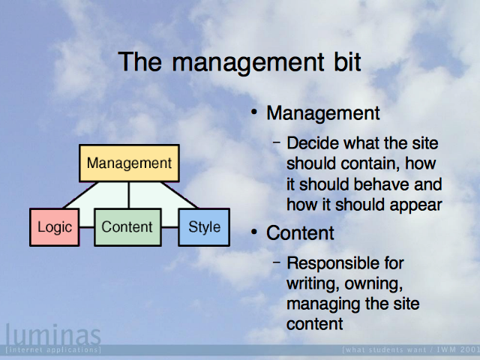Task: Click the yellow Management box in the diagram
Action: click(129, 163)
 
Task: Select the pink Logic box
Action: click(55, 227)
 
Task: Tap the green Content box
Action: click(128, 227)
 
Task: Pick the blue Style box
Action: click(204, 227)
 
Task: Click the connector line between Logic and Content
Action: click(87, 227)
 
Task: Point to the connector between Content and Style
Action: click(170, 227)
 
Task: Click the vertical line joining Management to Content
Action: click(129, 195)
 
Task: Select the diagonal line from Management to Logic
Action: click(81, 195)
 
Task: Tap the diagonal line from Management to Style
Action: click(179, 195)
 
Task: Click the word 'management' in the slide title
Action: click(247, 63)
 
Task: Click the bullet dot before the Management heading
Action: click(254, 112)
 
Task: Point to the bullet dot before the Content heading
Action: click(254, 232)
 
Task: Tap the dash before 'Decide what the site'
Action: click(277, 142)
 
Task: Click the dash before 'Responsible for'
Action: click(277, 262)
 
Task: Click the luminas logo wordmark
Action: click(53, 334)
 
